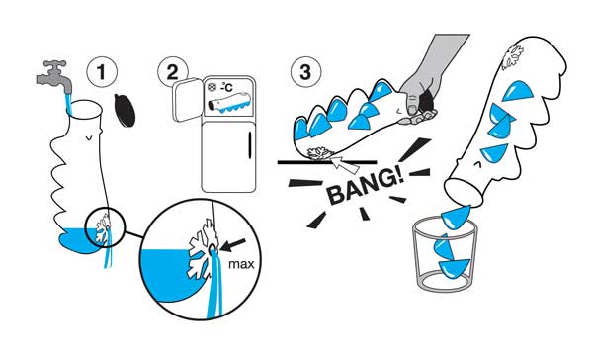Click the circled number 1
(x=102, y=71)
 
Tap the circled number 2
(x=172, y=71)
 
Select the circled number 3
(x=305, y=71)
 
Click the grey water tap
(x=54, y=77)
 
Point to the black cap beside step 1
(x=125, y=110)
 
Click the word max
(x=241, y=264)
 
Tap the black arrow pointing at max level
(x=232, y=245)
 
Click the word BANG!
(x=365, y=186)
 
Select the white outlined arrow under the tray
(x=345, y=164)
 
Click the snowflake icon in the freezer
(x=212, y=87)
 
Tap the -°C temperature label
(x=227, y=87)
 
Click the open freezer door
(x=187, y=99)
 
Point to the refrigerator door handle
(x=250, y=145)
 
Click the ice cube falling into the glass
(x=457, y=217)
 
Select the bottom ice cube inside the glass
(x=455, y=269)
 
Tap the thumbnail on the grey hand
(x=411, y=110)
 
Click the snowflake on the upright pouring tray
(x=512, y=57)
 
